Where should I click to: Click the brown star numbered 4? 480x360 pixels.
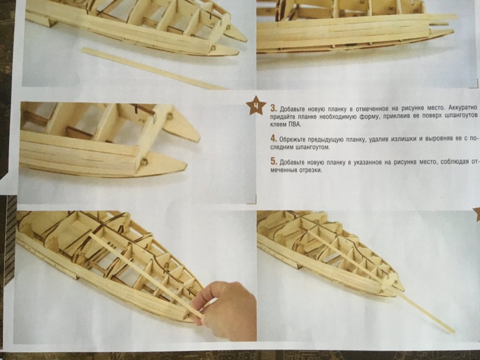(256, 105)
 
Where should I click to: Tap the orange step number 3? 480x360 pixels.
(274, 108)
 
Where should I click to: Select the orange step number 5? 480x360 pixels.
(274, 162)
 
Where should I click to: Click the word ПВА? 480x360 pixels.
(295, 125)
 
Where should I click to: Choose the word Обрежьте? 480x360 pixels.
(292, 140)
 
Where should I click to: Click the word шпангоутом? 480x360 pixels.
(313, 147)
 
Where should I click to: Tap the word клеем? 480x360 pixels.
(278, 125)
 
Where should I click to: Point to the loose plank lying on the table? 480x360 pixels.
(153, 69)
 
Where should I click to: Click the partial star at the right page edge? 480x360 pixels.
(477, 214)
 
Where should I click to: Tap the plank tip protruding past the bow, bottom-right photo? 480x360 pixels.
(453, 331)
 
